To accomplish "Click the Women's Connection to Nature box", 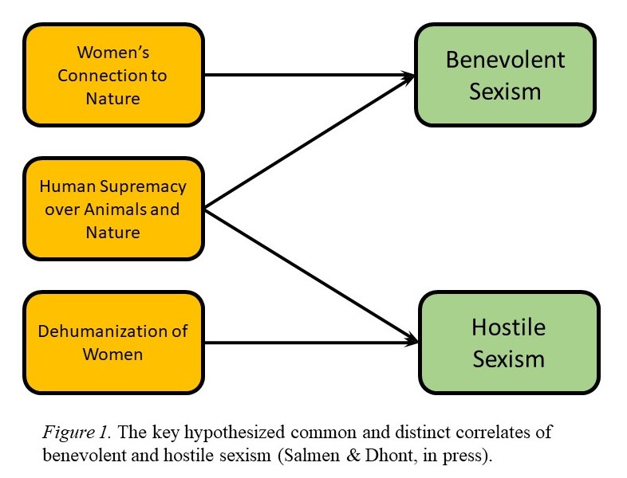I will pos(114,76).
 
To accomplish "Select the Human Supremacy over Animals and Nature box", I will pos(114,210).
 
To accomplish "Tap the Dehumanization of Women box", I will pos(114,343).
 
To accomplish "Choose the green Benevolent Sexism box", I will pos(505,76).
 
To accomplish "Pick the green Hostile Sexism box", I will pos(508,343).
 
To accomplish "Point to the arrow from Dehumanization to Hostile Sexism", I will pos(311,343).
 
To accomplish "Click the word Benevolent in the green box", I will pos(505,60).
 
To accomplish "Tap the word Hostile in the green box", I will pos(508,327).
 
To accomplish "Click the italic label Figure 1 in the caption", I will pos(69,433).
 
